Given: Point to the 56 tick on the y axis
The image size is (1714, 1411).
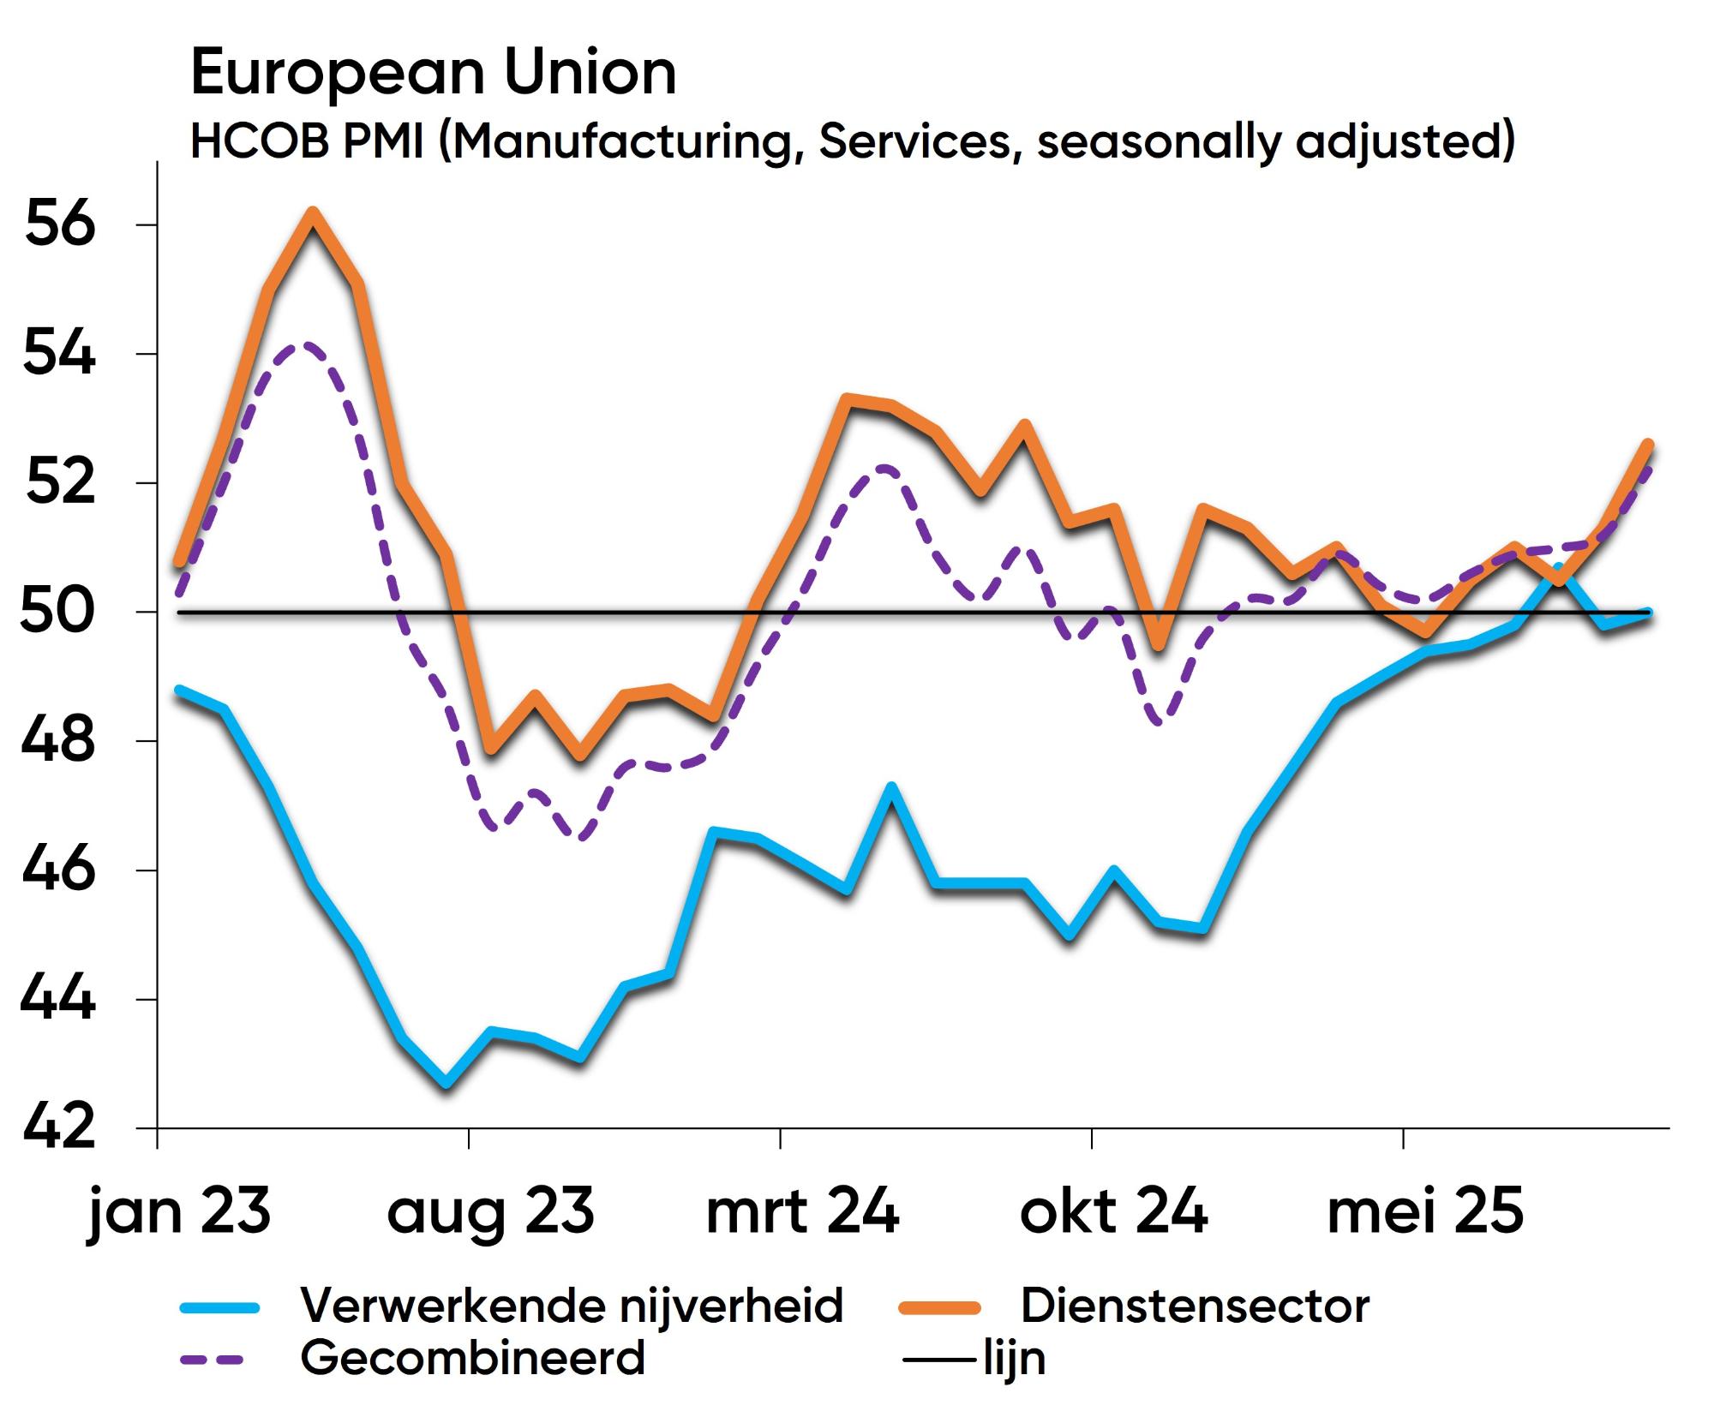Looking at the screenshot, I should [x=59, y=225].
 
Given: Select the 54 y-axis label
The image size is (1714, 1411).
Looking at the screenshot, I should [x=59, y=354].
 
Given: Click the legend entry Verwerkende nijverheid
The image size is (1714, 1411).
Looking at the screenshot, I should [x=572, y=1306].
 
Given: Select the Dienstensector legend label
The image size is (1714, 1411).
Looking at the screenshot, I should [x=1195, y=1306].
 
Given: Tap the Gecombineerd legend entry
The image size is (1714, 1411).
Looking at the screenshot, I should [x=472, y=1358].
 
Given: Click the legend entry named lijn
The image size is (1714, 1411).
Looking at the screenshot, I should [x=1014, y=1359].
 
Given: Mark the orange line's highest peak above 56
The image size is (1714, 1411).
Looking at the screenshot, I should [x=313, y=213].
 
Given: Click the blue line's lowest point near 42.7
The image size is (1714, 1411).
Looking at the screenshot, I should [x=446, y=1084].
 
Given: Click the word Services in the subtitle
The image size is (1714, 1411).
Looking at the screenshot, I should [x=914, y=141].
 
